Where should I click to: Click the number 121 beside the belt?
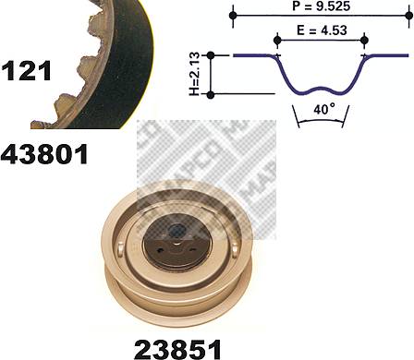click(x=26, y=71)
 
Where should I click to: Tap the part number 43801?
click(x=44, y=154)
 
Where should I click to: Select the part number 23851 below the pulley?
click(x=177, y=349)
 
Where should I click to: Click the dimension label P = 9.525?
click(x=322, y=6)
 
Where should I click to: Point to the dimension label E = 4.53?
click(x=322, y=30)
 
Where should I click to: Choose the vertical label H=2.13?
click(x=194, y=75)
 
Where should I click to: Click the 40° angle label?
click(x=324, y=109)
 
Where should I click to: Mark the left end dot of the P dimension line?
click(x=233, y=15)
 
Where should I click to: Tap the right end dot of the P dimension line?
click(x=408, y=15)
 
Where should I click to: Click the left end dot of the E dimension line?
click(x=277, y=40)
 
